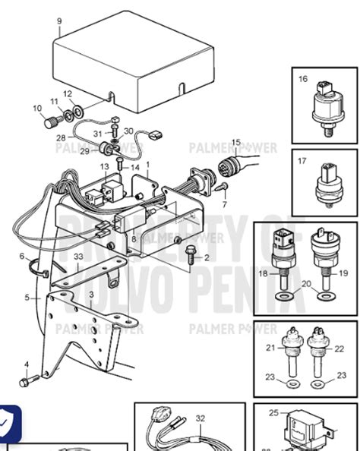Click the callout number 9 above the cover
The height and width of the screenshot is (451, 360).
(x=59, y=21)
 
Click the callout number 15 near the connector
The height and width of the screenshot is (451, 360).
(x=235, y=142)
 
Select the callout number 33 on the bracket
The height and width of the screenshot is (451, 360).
(x=78, y=258)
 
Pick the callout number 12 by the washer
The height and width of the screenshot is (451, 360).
(x=68, y=94)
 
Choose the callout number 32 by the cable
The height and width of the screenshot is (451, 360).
(x=201, y=418)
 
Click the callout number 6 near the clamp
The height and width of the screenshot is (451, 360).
(x=22, y=256)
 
